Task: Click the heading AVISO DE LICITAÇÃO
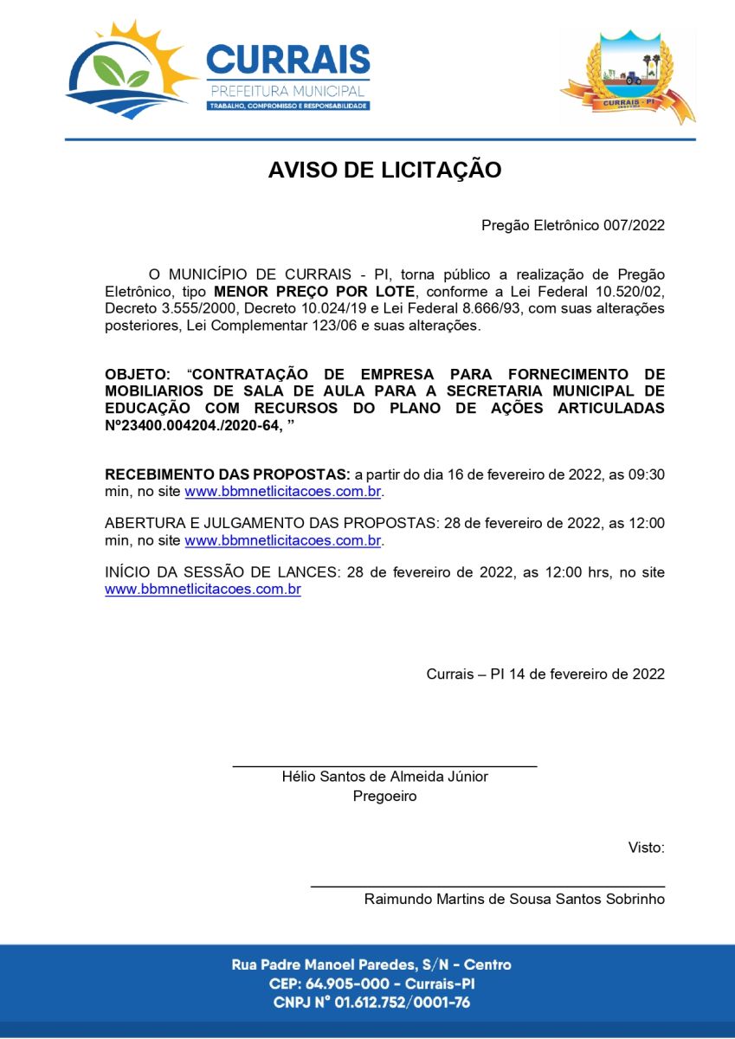point(384,170)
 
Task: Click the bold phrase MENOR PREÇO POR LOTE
point(314,292)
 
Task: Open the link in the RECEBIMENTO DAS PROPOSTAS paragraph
point(283,492)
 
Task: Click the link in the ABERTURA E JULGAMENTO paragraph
point(283,540)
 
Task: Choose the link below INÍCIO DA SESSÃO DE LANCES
point(203,590)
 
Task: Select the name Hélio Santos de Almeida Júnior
point(384,777)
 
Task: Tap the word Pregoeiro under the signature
point(384,796)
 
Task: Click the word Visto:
point(646,847)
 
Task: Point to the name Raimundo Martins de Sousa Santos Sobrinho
point(514,899)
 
